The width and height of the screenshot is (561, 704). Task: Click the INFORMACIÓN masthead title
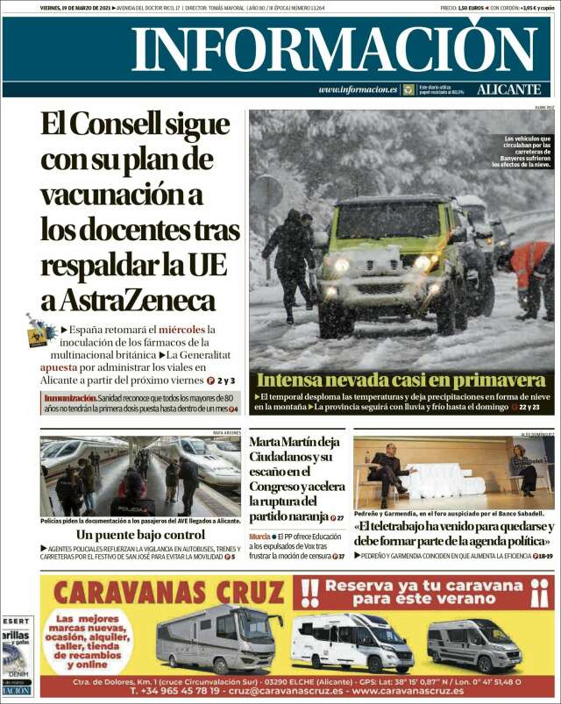[x=323, y=49]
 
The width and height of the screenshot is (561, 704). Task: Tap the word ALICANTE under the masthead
[x=508, y=89]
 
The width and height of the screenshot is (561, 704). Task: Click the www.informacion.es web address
[x=358, y=89]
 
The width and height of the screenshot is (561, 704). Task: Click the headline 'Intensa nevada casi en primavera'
[x=401, y=380]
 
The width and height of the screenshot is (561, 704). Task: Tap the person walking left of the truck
[x=289, y=259]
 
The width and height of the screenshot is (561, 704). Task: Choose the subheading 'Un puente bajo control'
[x=140, y=534]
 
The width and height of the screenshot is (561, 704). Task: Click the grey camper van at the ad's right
[x=474, y=644]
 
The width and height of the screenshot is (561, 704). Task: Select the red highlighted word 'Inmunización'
[x=70, y=398]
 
